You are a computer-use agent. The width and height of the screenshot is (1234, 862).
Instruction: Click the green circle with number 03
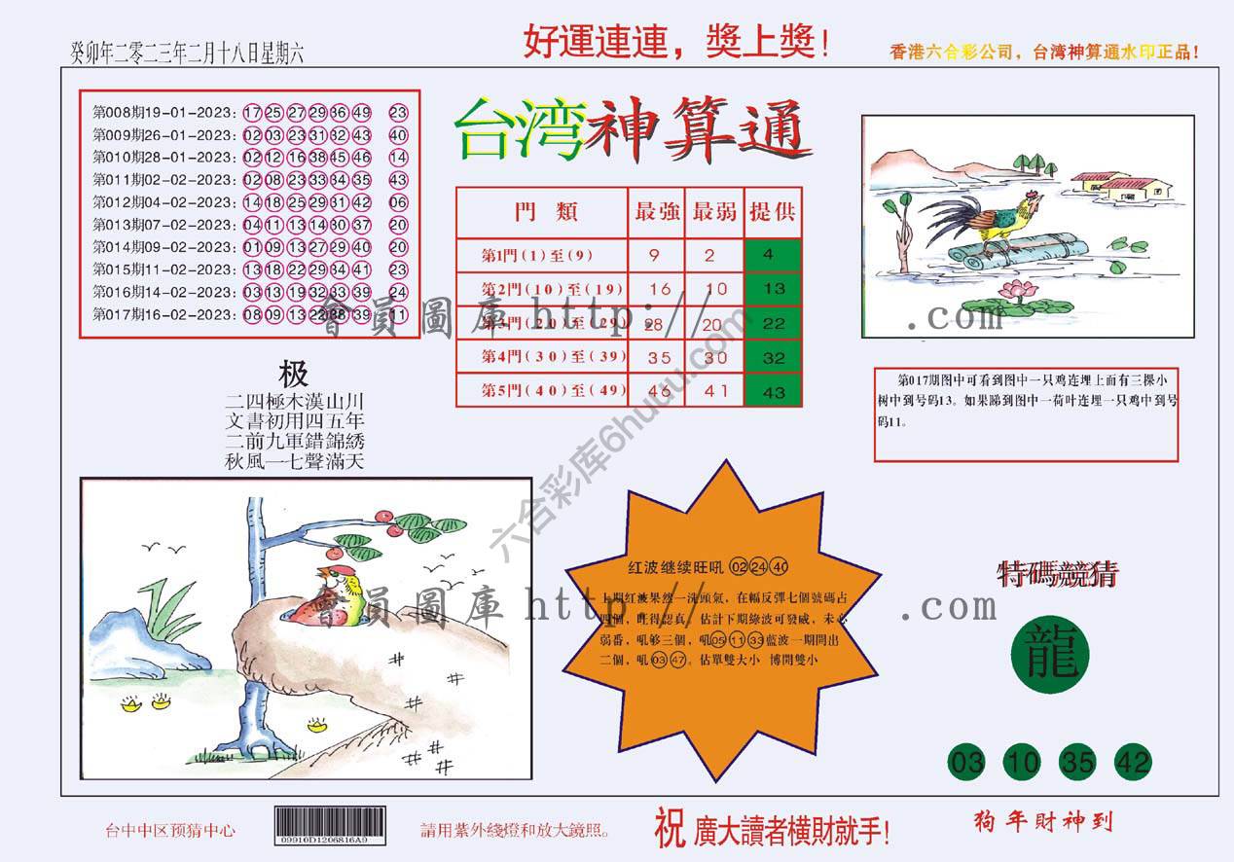click(x=966, y=763)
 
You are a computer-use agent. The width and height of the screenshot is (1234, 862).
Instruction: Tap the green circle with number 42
click(x=1133, y=763)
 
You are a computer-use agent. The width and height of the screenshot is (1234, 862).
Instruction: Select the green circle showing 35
click(x=1077, y=763)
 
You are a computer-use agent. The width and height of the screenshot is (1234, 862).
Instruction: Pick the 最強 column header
click(x=657, y=212)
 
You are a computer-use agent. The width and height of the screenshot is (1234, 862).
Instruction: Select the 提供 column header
click(x=773, y=212)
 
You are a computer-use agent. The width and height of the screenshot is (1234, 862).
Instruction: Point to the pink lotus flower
click(x=1017, y=289)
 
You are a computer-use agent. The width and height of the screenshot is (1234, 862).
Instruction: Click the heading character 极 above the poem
click(x=293, y=374)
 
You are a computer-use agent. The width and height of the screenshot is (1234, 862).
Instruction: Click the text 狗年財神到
click(x=1041, y=823)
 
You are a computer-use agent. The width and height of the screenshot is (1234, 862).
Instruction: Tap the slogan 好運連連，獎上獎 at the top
click(x=675, y=42)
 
